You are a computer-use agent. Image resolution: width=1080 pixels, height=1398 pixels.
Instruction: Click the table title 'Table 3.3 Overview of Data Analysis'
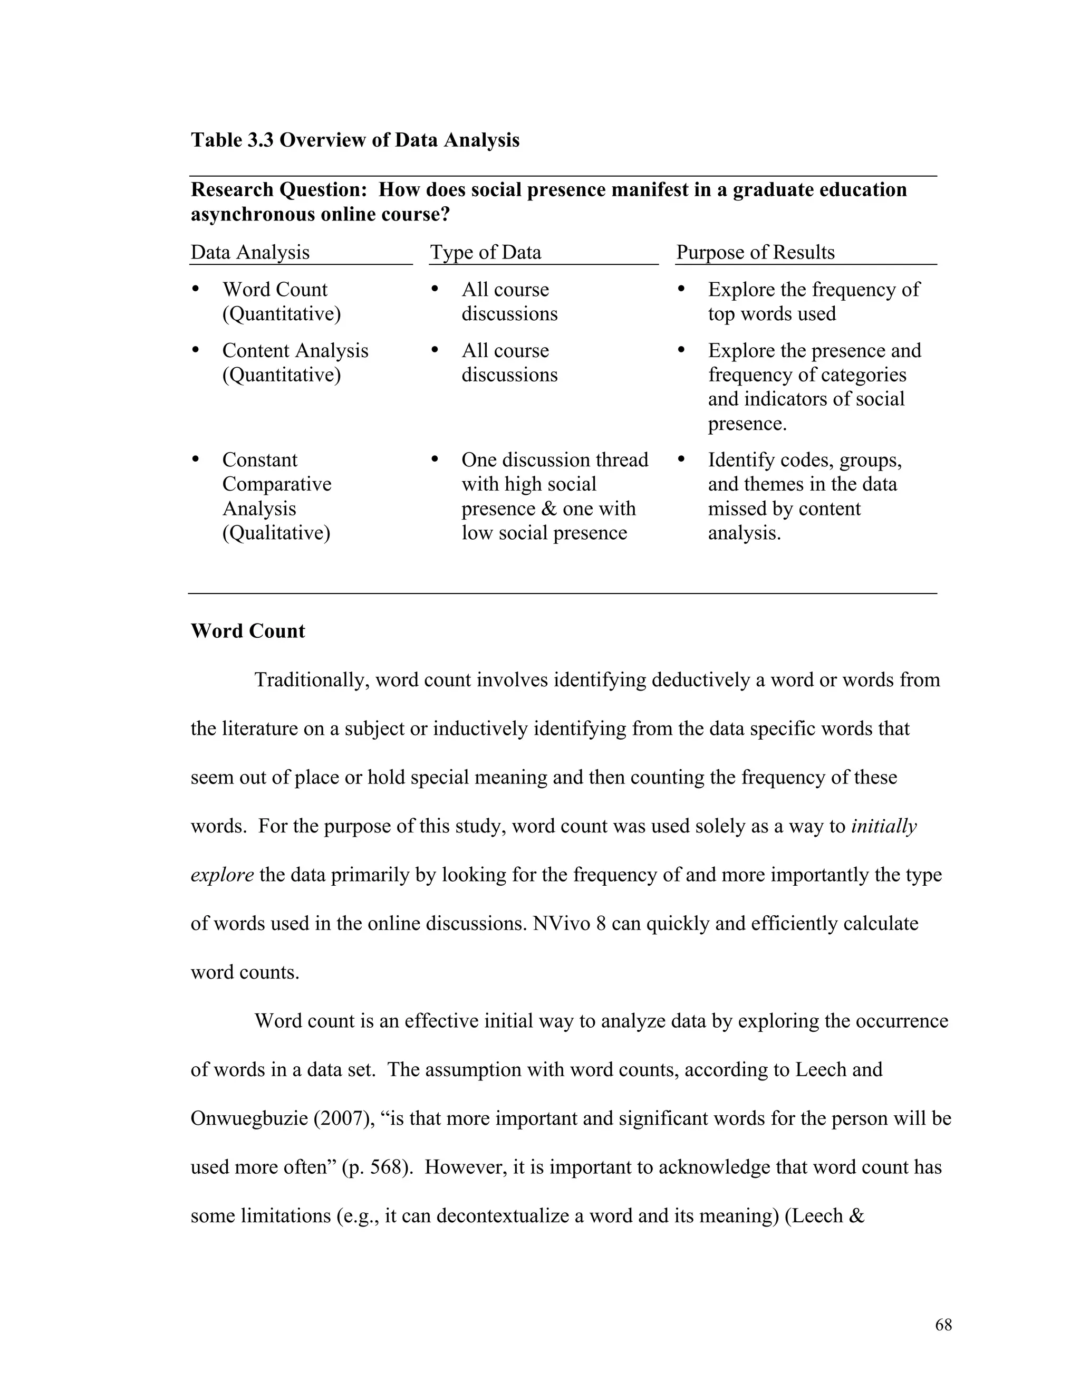[354, 140]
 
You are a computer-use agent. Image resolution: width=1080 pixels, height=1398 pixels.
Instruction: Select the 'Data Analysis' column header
[249, 252]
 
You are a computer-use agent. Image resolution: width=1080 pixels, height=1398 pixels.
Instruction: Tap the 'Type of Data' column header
[485, 252]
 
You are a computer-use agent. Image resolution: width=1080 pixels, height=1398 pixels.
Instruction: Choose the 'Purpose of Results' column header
[755, 252]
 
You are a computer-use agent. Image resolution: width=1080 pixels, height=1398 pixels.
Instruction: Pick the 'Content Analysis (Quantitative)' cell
[294, 362]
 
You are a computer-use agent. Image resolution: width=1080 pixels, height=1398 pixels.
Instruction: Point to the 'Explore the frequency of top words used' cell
[813, 301]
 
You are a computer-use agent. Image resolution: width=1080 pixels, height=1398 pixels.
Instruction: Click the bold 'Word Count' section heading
[248, 631]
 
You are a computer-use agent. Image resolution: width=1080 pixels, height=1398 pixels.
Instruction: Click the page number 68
[943, 1325]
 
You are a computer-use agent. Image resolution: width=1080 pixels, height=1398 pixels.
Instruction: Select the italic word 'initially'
[884, 826]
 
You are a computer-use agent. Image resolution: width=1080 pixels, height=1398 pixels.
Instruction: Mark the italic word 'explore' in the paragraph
[222, 875]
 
